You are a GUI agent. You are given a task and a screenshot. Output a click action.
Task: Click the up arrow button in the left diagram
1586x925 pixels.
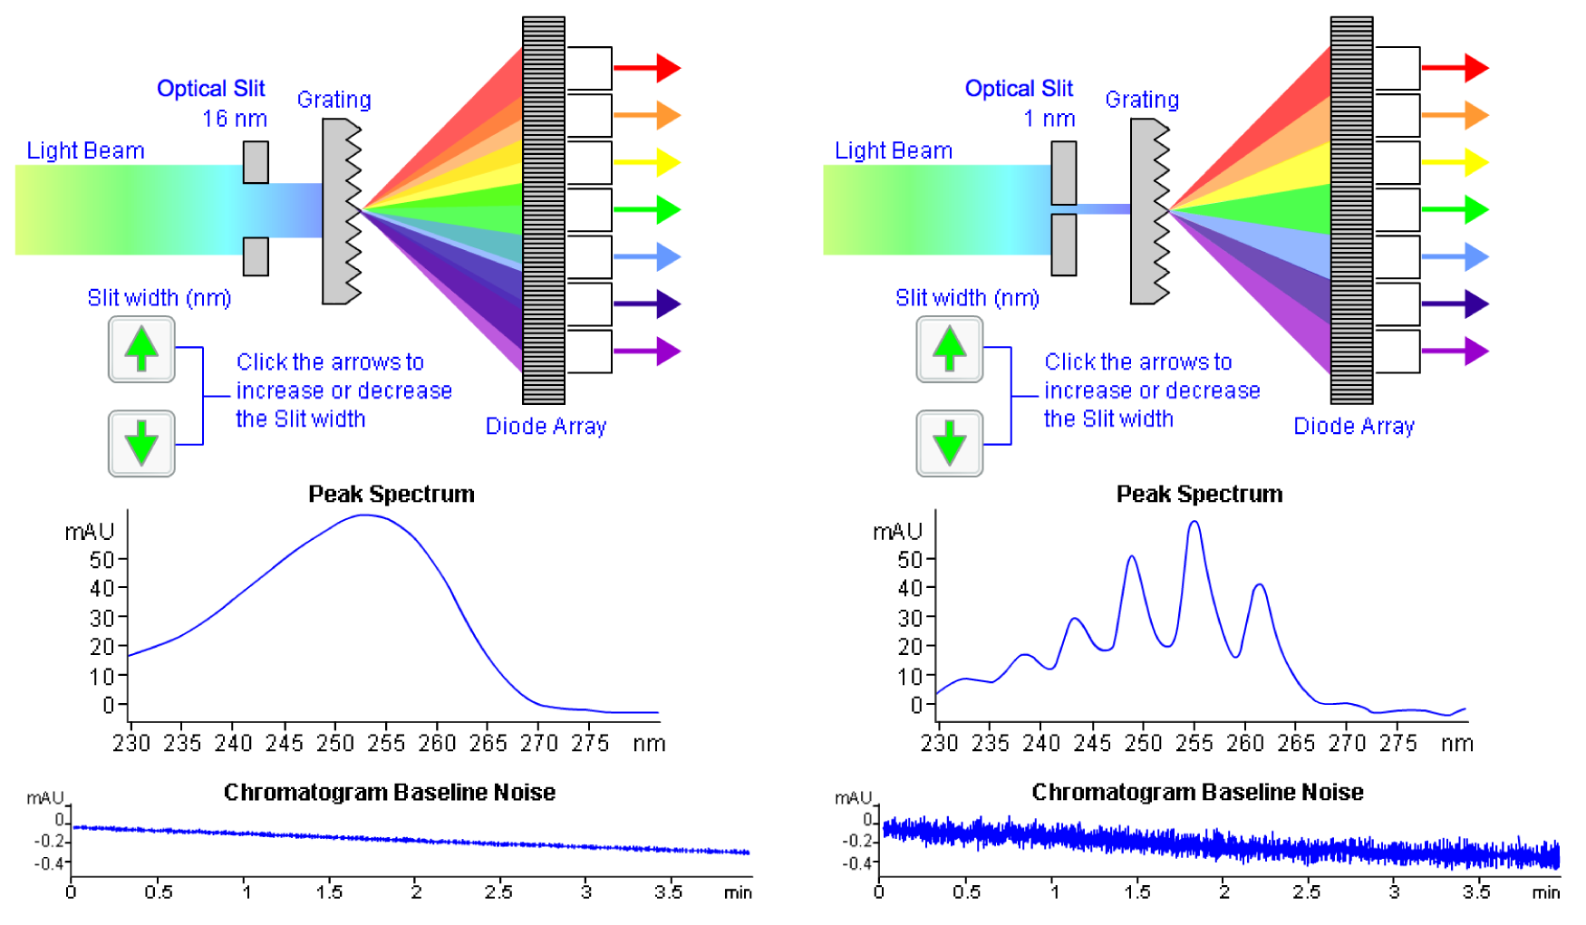pyautogui.click(x=141, y=349)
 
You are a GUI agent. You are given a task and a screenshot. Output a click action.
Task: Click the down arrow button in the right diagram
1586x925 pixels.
pyautogui.click(x=949, y=443)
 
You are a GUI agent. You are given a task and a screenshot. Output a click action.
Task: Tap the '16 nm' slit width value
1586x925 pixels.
pyautogui.click(x=234, y=119)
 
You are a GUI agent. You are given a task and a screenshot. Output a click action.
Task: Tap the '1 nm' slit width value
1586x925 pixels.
pyautogui.click(x=1049, y=119)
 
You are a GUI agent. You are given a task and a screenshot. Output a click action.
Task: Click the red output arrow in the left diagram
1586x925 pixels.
pyautogui.click(x=647, y=68)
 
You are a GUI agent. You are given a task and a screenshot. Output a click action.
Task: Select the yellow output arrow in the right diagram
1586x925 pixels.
pyautogui.click(x=1455, y=162)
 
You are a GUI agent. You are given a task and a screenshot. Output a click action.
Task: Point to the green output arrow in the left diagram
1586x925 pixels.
pyautogui.click(x=647, y=209)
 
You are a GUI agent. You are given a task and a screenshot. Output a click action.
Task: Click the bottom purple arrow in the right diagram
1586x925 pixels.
pyautogui.click(x=1455, y=351)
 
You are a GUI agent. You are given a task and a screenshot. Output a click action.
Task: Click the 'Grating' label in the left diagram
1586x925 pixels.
pyautogui.click(x=334, y=100)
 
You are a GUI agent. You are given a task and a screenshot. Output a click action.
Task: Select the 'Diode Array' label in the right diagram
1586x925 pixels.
pyautogui.click(x=1353, y=426)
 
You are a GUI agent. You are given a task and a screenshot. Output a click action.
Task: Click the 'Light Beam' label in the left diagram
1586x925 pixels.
pyautogui.click(x=85, y=150)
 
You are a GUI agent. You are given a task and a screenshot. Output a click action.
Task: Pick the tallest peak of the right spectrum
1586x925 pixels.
pyautogui.click(x=1194, y=523)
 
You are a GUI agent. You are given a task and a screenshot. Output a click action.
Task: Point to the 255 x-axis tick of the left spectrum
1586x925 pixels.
pyautogui.click(x=386, y=743)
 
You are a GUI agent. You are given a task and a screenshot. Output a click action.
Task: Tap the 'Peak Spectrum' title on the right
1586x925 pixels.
pyautogui.click(x=1198, y=494)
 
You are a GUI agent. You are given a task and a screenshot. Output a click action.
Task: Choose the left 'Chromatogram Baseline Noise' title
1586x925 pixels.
pyautogui.click(x=389, y=792)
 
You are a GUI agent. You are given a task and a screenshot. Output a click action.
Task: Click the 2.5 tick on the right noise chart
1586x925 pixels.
pyautogui.click(x=1306, y=891)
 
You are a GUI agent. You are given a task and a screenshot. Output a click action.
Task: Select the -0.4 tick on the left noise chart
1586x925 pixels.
pyautogui.click(x=49, y=862)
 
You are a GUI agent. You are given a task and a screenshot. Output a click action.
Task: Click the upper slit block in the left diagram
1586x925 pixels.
pyautogui.click(x=256, y=162)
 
